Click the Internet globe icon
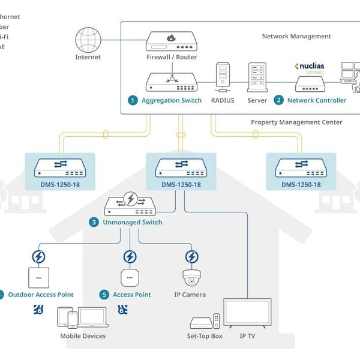pos(88,40)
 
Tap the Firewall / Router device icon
pos(171,41)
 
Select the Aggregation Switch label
pos(171,100)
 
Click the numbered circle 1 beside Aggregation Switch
pos(133,100)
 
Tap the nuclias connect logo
pos(310,67)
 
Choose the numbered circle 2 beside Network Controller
pos(278,100)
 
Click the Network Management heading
pos(296,37)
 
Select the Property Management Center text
pos(296,122)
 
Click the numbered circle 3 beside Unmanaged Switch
pos(94,222)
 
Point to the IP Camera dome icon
pos(192,278)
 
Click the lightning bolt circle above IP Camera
pos(192,257)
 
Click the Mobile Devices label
pos(83,336)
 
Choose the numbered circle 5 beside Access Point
pos(105,295)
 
